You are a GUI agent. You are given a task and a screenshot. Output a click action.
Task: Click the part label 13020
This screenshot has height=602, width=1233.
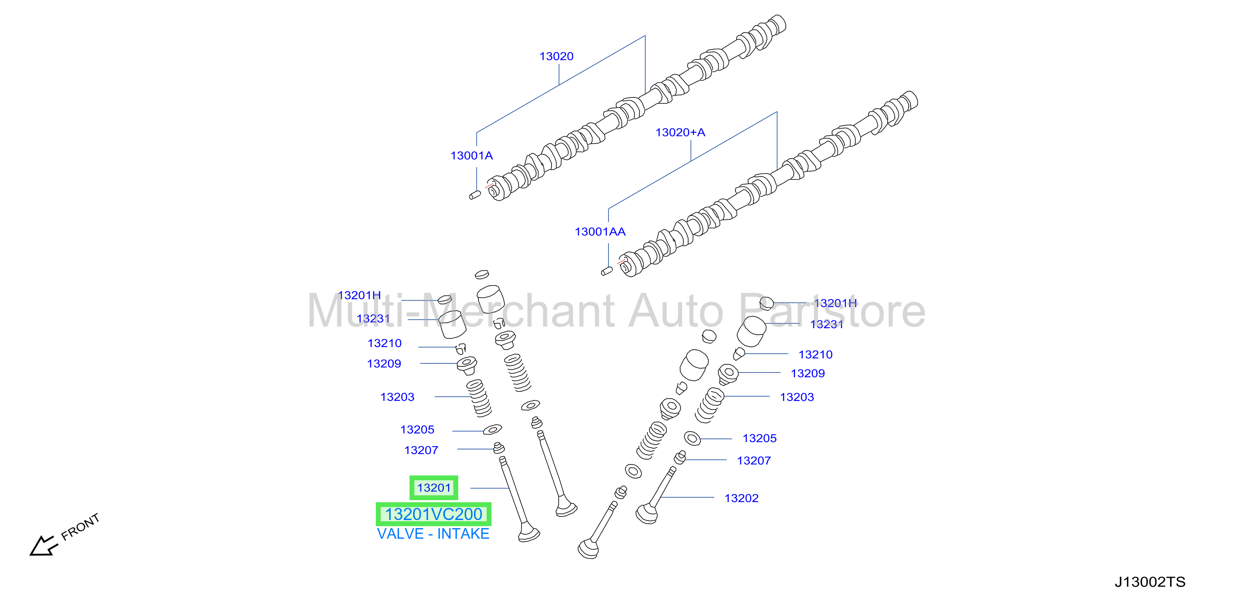[x=556, y=56]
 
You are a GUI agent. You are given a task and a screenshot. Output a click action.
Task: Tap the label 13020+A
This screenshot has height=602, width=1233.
[x=680, y=133]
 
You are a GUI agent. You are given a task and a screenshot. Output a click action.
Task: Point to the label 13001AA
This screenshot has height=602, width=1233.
[x=600, y=232]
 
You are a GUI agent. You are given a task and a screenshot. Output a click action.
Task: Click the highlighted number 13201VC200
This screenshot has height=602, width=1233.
[x=433, y=514]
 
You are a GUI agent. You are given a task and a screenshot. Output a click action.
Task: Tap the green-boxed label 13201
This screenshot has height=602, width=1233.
[x=433, y=488]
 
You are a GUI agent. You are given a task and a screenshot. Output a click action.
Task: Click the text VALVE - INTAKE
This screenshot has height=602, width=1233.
[x=433, y=533]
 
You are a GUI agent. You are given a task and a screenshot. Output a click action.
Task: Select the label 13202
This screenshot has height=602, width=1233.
[x=742, y=498]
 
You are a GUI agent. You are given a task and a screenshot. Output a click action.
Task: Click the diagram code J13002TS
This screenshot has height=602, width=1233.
[x=1150, y=582]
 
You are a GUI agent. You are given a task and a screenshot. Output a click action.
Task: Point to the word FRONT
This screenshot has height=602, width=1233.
[x=80, y=527]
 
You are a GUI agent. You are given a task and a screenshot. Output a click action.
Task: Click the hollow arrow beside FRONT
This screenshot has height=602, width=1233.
[x=43, y=546]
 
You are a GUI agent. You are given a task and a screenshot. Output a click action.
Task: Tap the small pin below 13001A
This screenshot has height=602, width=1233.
[x=475, y=195]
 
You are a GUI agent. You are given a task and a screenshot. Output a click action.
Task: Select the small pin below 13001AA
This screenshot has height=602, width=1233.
[x=607, y=271]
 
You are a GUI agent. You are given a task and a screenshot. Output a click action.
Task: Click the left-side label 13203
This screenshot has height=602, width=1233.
[x=397, y=397]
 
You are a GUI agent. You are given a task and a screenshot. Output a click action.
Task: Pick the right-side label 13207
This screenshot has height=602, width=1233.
[x=754, y=461]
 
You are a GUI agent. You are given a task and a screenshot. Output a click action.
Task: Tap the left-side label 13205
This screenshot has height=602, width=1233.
[x=417, y=430]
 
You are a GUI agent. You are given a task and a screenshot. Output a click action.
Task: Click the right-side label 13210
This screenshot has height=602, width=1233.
[x=816, y=355]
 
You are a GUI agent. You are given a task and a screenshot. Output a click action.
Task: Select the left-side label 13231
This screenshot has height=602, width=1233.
[x=373, y=319]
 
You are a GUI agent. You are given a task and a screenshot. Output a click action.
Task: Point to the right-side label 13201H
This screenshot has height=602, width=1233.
[x=836, y=303]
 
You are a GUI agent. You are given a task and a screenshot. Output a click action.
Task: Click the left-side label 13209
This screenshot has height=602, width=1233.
[x=384, y=364]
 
